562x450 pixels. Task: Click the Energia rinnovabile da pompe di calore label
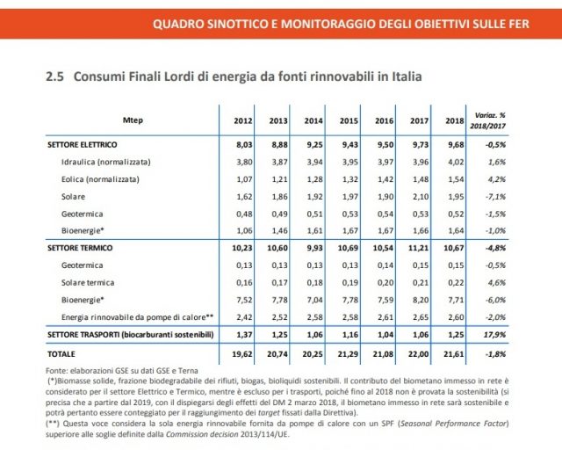click(137, 316)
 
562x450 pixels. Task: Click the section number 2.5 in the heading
click(56, 77)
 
